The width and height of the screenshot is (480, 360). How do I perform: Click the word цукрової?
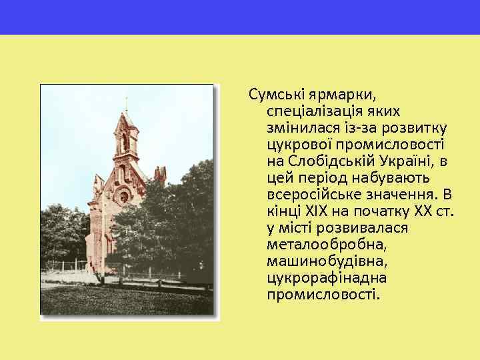click(295, 143)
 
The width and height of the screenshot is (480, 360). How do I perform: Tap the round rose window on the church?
click(123, 197)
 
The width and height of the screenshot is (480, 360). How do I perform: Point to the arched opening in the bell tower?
click(124, 142)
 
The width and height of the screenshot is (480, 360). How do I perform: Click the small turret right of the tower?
click(160, 174)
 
